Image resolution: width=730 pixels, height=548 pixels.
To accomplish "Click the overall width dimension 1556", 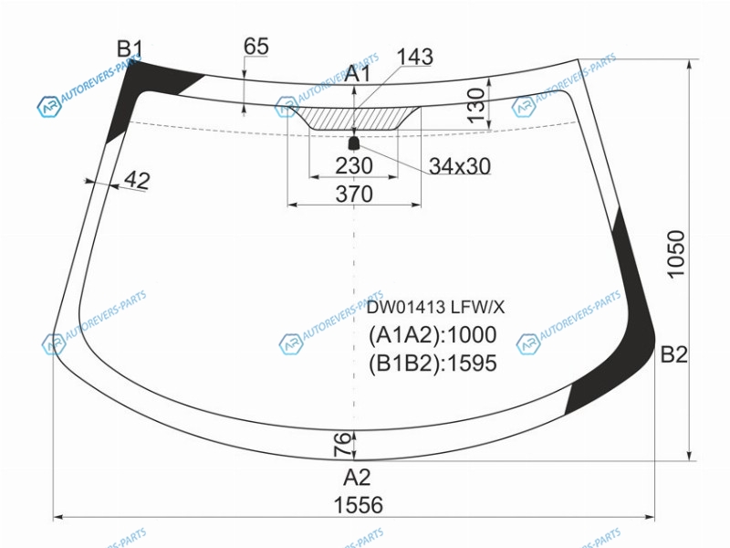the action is [358, 505].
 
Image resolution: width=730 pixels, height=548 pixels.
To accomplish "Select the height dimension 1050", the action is [676, 255].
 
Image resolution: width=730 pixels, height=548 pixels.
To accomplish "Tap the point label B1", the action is [130, 49].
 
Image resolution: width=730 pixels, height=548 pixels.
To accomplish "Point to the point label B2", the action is [673, 355].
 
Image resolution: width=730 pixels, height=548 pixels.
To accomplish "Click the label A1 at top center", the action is [358, 74].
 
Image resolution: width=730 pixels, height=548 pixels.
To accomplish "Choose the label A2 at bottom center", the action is [357, 478].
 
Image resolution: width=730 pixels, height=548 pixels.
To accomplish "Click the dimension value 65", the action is [256, 47].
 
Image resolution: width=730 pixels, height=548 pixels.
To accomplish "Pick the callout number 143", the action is [415, 57].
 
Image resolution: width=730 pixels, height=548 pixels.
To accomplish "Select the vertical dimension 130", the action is [475, 105].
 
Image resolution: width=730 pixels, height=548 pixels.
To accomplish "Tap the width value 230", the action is [354, 166].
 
